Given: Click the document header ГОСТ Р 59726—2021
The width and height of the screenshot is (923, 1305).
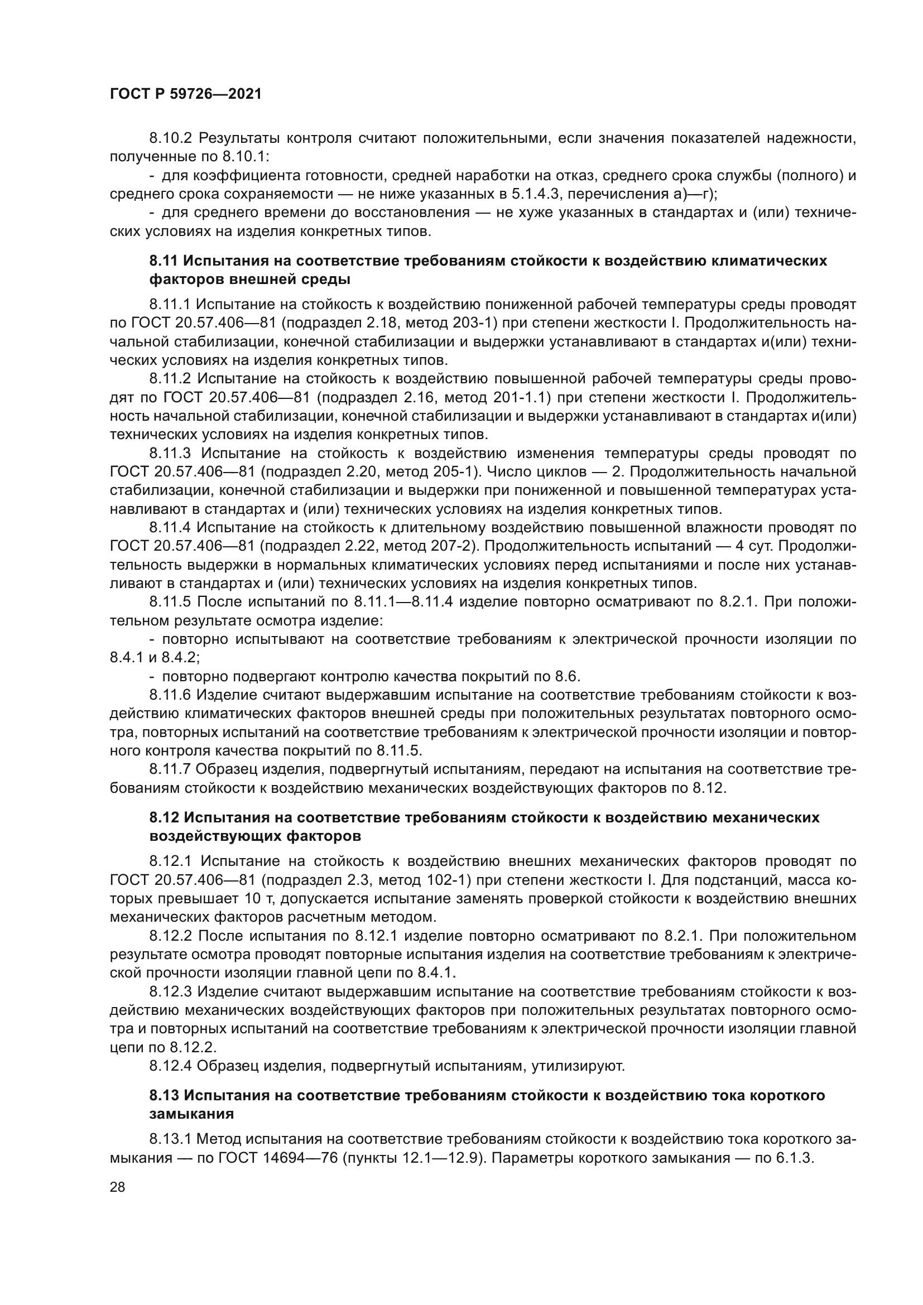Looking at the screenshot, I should [185, 94].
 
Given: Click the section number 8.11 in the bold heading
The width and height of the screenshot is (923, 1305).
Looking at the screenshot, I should [164, 261].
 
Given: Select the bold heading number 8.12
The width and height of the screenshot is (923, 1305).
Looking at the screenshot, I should [164, 818].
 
